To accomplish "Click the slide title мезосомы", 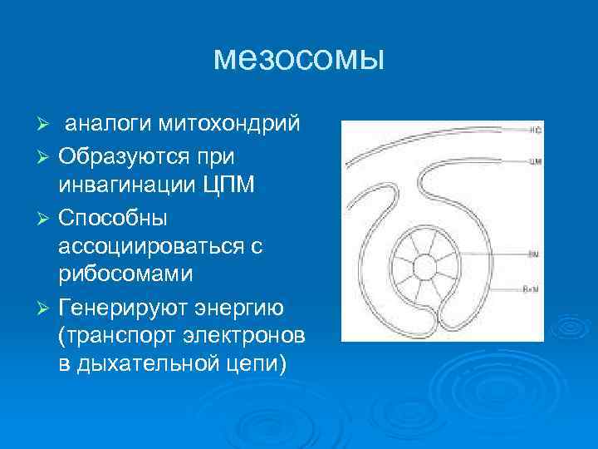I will click(299, 58).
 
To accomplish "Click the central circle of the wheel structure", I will click(424, 268).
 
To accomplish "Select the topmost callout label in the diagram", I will click(535, 131).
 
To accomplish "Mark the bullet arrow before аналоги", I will click(47, 126).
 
